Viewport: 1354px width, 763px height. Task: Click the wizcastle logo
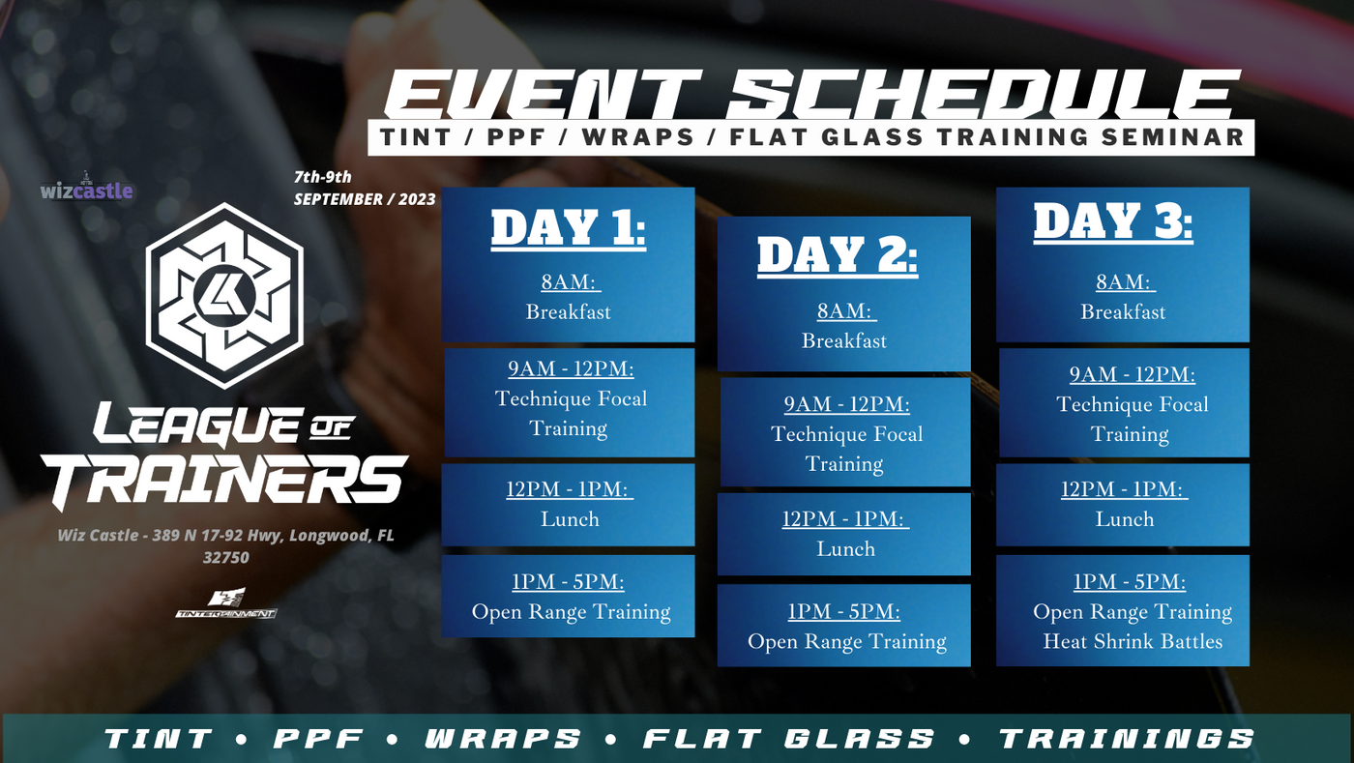(x=86, y=187)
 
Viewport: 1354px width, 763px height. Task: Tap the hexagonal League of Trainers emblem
(x=224, y=296)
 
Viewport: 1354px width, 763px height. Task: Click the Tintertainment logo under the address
(x=226, y=603)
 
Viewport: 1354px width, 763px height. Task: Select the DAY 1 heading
(x=569, y=228)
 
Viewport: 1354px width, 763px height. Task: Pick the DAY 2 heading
(x=838, y=255)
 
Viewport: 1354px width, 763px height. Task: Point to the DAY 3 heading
(x=1113, y=221)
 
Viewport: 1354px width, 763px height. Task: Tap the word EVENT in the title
(x=543, y=95)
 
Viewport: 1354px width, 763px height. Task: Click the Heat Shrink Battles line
(x=1133, y=641)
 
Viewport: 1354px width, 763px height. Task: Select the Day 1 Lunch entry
(x=570, y=519)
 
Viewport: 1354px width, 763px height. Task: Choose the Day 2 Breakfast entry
(x=844, y=341)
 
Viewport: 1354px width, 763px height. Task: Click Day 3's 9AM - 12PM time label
(x=1133, y=375)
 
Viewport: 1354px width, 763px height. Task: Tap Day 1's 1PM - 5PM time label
(x=569, y=581)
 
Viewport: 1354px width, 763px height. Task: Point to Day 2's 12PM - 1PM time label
(x=844, y=518)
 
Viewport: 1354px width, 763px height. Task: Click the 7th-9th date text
(x=323, y=177)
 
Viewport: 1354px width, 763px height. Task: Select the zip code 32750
(x=226, y=557)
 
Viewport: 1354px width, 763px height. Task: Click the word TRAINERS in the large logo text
(x=224, y=482)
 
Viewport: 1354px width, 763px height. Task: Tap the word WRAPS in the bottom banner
(x=503, y=739)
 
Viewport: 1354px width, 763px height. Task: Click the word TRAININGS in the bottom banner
(x=1127, y=739)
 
